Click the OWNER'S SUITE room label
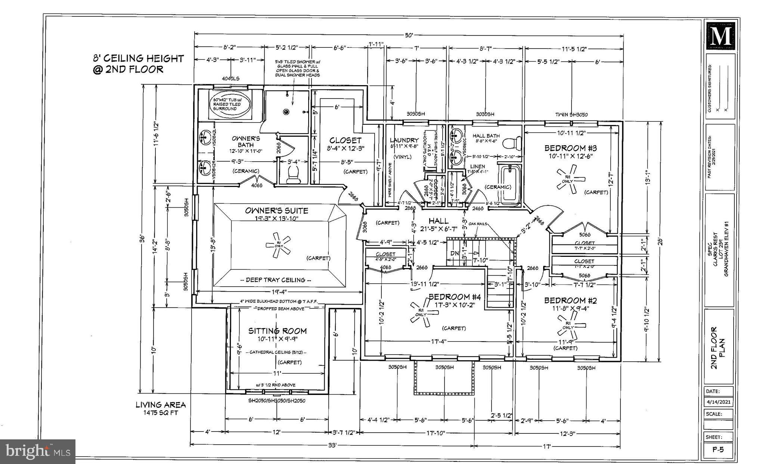(x=276, y=211)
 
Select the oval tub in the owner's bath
(x=227, y=104)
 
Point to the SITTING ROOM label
(x=278, y=331)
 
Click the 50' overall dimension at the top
(x=409, y=35)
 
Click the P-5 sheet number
(x=718, y=449)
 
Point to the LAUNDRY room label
(x=404, y=140)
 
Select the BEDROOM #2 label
(x=570, y=300)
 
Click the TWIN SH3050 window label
(x=571, y=115)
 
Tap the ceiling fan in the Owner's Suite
(x=278, y=245)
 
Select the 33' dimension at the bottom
(x=332, y=445)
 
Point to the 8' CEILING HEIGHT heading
(x=138, y=58)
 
